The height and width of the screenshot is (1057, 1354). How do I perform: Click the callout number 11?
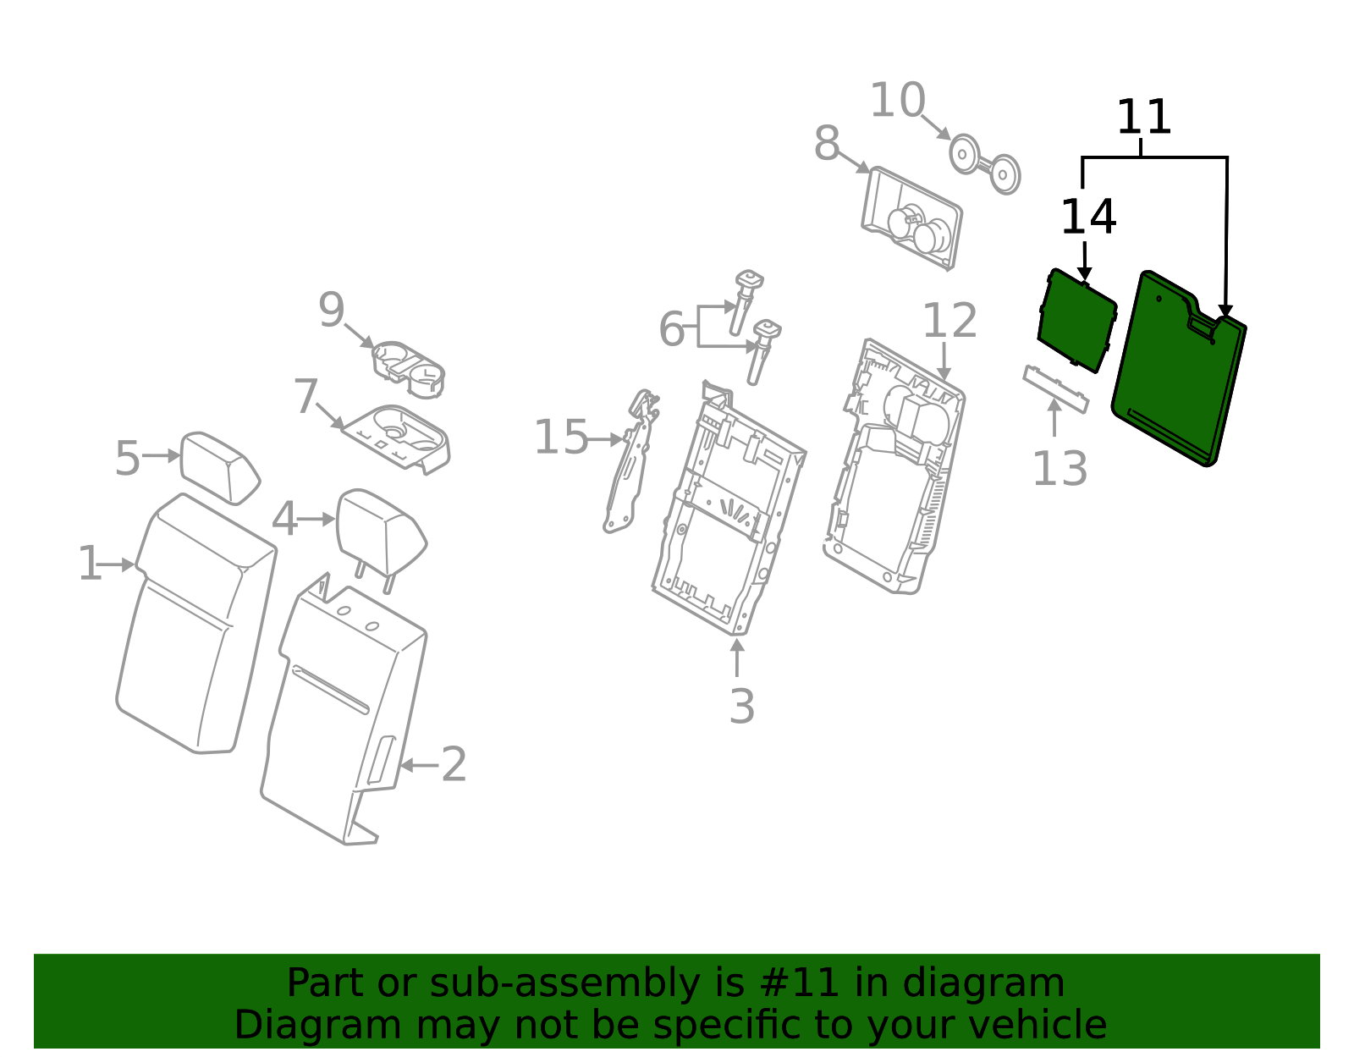coord(1143,118)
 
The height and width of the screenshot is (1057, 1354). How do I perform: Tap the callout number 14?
coord(1087,217)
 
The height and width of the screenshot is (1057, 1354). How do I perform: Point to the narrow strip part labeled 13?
coord(1055,389)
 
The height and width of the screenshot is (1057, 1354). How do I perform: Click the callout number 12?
coord(949,322)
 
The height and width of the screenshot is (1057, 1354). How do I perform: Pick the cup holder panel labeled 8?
coord(911,218)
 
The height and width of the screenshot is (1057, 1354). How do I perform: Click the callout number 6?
coord(671,329)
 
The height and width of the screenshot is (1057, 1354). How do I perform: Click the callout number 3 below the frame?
coord(741,707)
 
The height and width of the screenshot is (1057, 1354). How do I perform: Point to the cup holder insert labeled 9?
coord(408,368)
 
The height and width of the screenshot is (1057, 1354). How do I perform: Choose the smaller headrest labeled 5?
coord(218,467)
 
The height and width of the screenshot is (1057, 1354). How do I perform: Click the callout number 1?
coord(89,564)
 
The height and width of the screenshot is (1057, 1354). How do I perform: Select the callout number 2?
coord(454,765)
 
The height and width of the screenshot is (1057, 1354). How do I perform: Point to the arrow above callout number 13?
coord(1054,416)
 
